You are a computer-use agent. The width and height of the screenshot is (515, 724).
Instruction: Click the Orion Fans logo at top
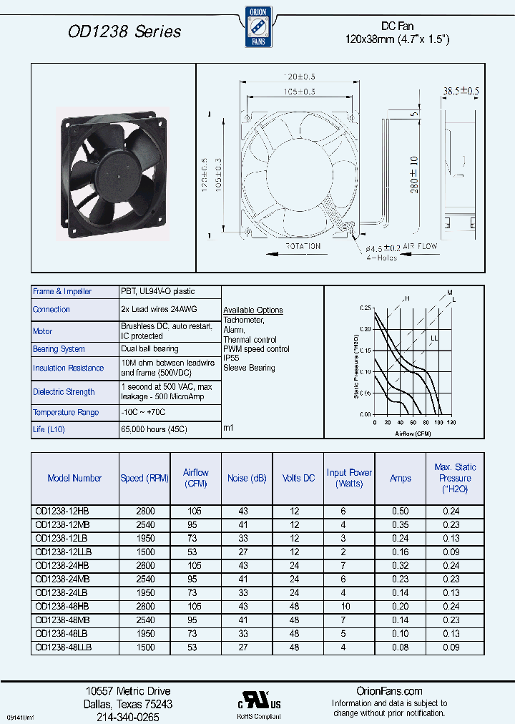point(257,26)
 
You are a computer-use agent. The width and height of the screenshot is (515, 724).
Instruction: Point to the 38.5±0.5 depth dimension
point(461,91)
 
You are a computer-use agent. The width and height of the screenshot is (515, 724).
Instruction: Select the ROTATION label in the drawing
point(303,246)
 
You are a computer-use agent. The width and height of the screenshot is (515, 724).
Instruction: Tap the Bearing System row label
point(59,349)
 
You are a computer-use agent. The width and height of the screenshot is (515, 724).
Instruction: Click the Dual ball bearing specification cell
point(149,349)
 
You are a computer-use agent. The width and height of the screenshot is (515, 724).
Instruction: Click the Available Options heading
point(253,310)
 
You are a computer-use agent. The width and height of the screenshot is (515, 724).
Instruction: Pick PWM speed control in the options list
point(256,349)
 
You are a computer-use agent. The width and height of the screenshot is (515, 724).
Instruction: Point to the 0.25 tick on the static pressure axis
point(366,308)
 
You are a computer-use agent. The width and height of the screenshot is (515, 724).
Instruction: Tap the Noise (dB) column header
point(247,478)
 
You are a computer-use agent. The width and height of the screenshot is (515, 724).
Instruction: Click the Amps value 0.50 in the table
point(400,511)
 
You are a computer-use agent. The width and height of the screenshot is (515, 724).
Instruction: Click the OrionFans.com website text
point(389,691)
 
